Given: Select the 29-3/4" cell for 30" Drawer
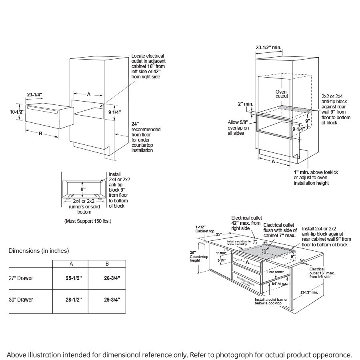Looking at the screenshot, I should (x=107, y=300).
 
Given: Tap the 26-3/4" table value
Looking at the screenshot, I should (x=107, y=278).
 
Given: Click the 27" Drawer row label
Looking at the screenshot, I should (x=22, y=278).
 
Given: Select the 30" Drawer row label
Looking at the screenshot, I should (x=22, y=300).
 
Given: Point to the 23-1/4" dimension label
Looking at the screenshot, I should (x=35, y=94).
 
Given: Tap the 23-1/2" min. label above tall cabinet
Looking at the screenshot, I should (x=268, y=47).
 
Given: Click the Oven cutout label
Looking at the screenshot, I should (x=282, y=94).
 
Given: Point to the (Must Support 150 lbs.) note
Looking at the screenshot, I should (x=88, y=221).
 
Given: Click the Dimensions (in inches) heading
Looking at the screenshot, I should (x=39, y=251).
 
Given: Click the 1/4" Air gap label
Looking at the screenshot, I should (x=280, y=283).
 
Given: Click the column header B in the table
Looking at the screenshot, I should (x=107, y=264).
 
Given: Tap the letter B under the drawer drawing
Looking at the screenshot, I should (x=40, y=134).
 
